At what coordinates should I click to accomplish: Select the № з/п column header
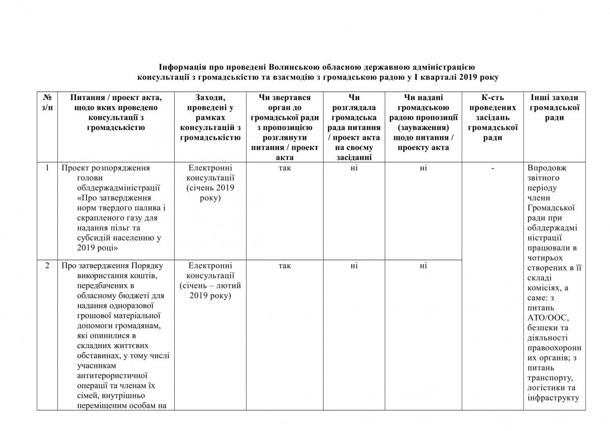click(x=47, y=107)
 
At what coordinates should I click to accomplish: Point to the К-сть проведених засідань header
click(x=492, y=117)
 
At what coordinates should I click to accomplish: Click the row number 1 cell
click(x=47, y=168)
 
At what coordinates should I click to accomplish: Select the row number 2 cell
click(x=47, y=265)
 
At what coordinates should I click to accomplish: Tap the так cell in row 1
click(x=284, y=168)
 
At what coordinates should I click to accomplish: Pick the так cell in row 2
click(x=284, y=265)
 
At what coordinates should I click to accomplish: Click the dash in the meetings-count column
click(x=492, y=168)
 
